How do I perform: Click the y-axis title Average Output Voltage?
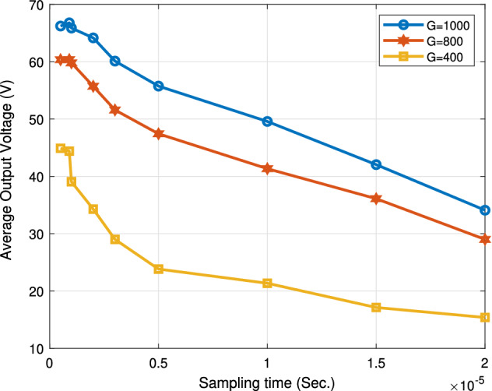pyautogui.click(x=9, y=176)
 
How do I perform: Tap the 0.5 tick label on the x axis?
pyautogui.click(x=159, y=363)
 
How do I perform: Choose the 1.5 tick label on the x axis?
pyautogui.click(x=377, y=363)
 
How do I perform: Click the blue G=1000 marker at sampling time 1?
pyautogui.click(x=268, y=122)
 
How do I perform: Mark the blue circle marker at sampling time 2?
pyautogui.click(x=485, y=210)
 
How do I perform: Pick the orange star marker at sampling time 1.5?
pyautogui.click(x=377, y=199)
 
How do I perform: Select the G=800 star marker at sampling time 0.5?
pyautogui.click(x=159, y=134)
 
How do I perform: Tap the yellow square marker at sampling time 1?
pyautogui.click(x=268, y=284)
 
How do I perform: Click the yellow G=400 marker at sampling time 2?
pyautogui.click(x=485, y=318)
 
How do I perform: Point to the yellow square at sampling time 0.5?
pyautogui.click(x=159, y=269)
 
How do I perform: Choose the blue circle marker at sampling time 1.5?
pyautogui.click(x=377, y=165)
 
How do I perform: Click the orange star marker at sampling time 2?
pyautogui.click(x=485, y=239)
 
